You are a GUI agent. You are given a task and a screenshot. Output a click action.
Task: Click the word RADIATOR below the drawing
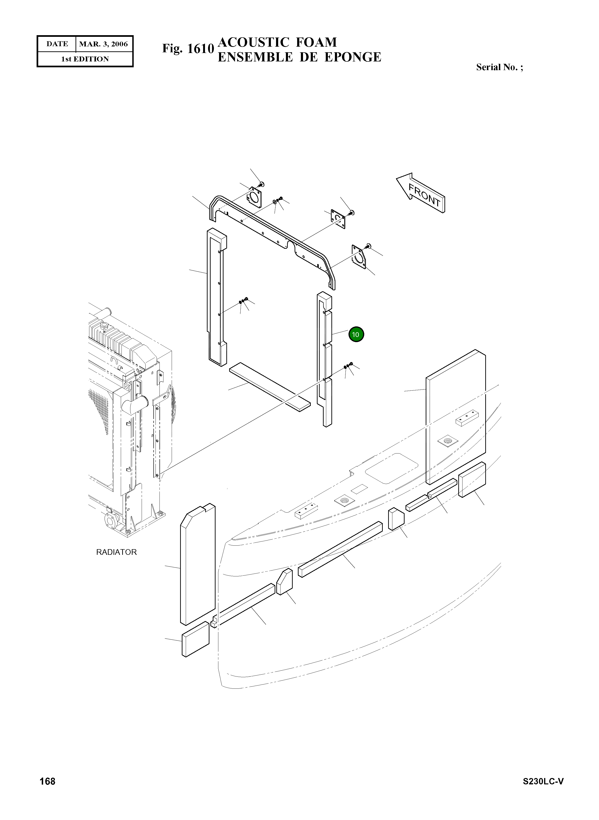116,552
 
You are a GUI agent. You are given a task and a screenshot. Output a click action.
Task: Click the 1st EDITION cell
85,59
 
